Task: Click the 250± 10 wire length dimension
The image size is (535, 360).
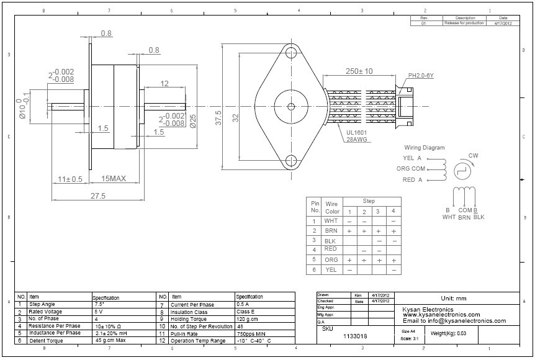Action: coord(359,71)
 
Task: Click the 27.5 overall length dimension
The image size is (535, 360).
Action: coord(98,196)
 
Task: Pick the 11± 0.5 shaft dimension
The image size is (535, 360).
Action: coord(70,179)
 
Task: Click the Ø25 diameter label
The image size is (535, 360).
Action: coord(193,121)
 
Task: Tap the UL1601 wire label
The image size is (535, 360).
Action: coord(359,133)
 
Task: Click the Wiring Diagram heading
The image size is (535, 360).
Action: coord(424,148)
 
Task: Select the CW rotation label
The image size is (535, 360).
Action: coord(473,155)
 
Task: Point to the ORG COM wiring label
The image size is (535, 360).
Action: coord(410,168)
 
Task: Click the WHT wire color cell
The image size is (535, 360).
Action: coord(331,220)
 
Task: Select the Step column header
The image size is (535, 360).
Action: coord(369,201)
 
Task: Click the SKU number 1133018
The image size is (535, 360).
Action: coord(355,336)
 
